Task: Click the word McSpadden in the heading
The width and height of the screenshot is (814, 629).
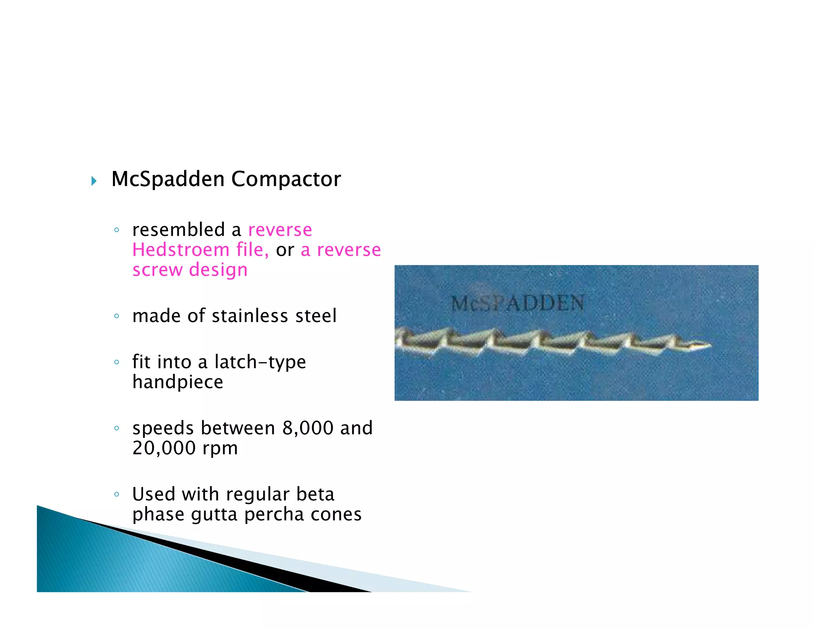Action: pos(168,179)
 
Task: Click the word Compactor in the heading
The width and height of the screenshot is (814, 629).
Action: pos(286,180)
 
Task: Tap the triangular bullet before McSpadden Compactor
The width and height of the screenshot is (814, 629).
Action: pos(94,181)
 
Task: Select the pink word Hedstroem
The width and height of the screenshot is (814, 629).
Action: pos(180,250)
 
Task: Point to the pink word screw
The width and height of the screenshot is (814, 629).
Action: pos(157,270)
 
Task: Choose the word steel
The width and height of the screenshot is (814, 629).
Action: pos(316,316)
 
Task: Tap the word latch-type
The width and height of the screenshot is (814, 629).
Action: pos(260,362)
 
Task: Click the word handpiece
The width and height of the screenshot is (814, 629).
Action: pos(178,382)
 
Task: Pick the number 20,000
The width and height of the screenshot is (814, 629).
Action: pos(164,448)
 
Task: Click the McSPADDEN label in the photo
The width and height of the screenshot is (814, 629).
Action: pos(517,304)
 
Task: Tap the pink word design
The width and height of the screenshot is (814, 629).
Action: pos(218,270)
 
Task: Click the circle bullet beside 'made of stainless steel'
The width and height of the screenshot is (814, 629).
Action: pos(116,316)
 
